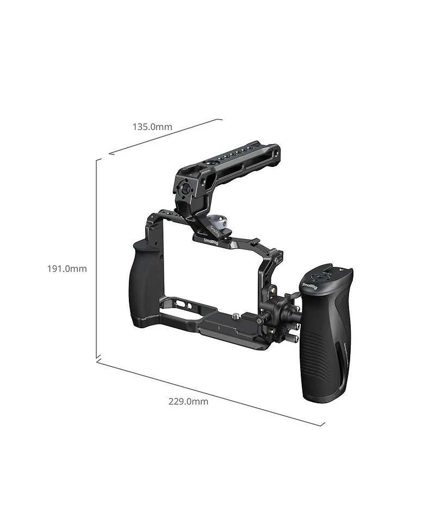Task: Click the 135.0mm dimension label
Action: [152, 127]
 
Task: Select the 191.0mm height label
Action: [67, 268]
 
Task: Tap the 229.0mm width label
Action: [188, 402]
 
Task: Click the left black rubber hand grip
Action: [142, 283]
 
